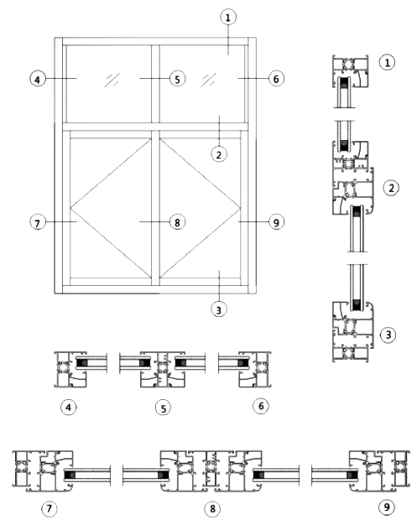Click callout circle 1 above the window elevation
228,17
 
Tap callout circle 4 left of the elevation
38,80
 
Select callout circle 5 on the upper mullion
177,79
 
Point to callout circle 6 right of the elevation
276,79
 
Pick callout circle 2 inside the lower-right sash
219,154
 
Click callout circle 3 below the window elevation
219,309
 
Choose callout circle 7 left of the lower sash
38,222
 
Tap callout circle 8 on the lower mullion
177,222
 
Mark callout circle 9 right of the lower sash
276,222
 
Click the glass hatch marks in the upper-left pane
112,80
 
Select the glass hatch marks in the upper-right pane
208,80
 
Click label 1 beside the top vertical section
388,63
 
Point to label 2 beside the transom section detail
391,188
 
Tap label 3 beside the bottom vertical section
388,335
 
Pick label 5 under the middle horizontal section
163,408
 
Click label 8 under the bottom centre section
212,509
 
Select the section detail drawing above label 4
81,370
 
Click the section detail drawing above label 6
244,370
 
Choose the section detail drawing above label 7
61,471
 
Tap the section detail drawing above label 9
361,471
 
